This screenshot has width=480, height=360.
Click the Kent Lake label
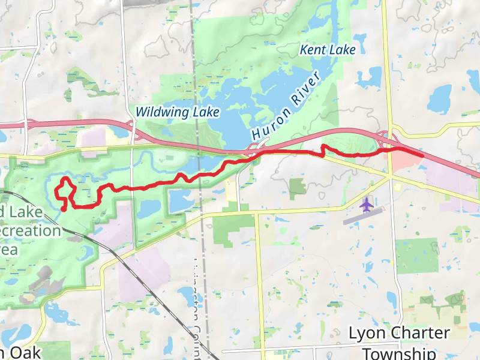click(x=328, y=50)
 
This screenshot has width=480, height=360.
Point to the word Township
click(x=400, y=353)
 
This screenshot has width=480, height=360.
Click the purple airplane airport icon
click(x=365, y=205)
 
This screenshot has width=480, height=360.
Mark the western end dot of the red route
click(x=64, y=209)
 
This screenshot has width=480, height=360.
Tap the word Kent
click(x=313, y=50)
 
